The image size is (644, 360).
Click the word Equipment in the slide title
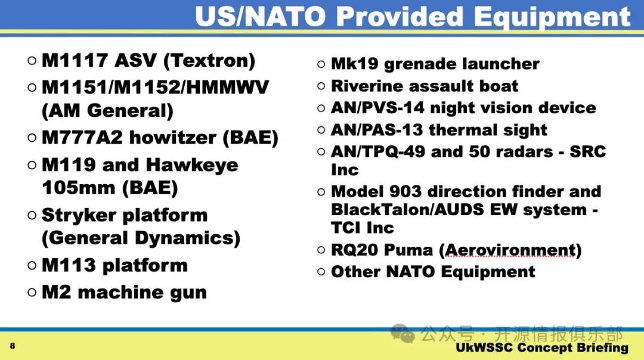552,17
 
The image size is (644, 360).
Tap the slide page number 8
13,346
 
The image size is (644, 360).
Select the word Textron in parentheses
209,61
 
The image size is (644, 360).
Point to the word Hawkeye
192,166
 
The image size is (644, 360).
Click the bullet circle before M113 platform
32,265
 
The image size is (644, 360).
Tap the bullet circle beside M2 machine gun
32,292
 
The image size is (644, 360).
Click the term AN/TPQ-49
378,151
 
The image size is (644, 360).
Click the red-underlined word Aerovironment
510,250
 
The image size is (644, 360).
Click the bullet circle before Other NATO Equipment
321,271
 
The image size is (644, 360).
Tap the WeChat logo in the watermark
402,333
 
